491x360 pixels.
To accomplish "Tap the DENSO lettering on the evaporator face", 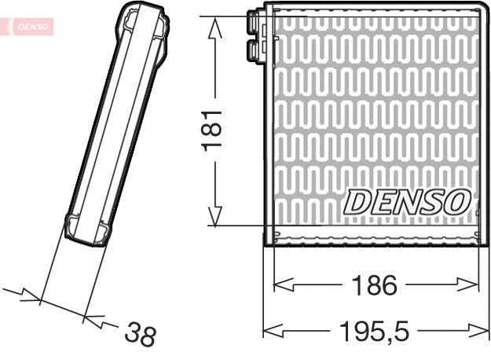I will click(x=407, y=201).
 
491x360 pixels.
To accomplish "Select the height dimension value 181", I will click(x=214, y=130).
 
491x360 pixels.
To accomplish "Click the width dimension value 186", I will click(x=376, y=285).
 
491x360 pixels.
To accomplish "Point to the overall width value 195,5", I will click(x=376, y=331).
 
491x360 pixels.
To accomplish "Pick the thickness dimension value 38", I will click(x=141, y=336).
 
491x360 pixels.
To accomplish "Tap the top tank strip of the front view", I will click(x=376, y=10).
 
